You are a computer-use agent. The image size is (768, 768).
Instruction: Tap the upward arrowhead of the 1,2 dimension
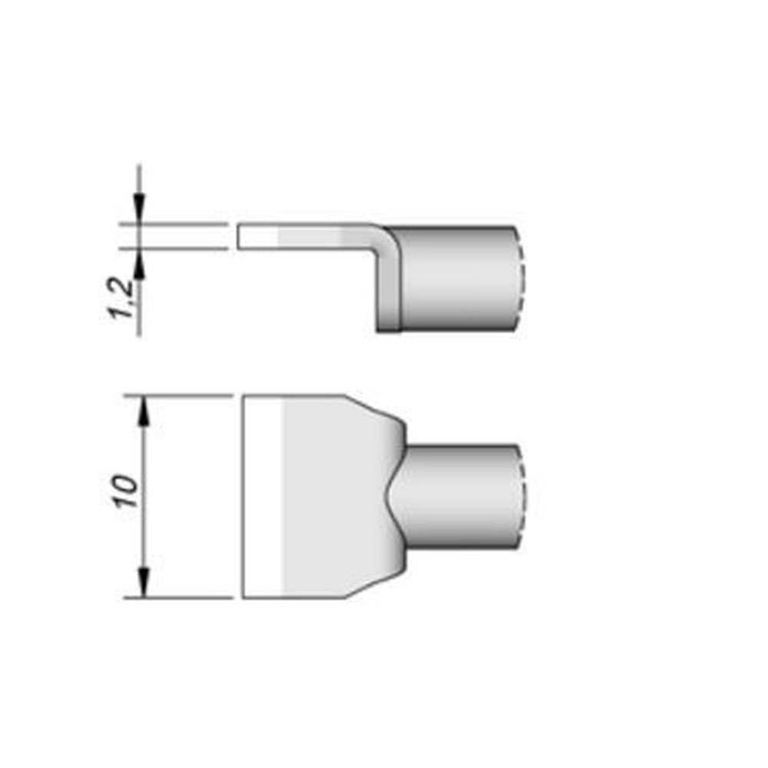pyautogui.click(x=139, y=266)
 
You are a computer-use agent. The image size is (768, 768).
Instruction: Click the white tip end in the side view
pyautogui.click(x=257, y=237)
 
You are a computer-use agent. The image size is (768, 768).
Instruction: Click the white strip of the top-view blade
pyautogui.click(x=263, y=497)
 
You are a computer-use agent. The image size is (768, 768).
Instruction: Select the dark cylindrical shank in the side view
pyautogui.click(x=457, y=280)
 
